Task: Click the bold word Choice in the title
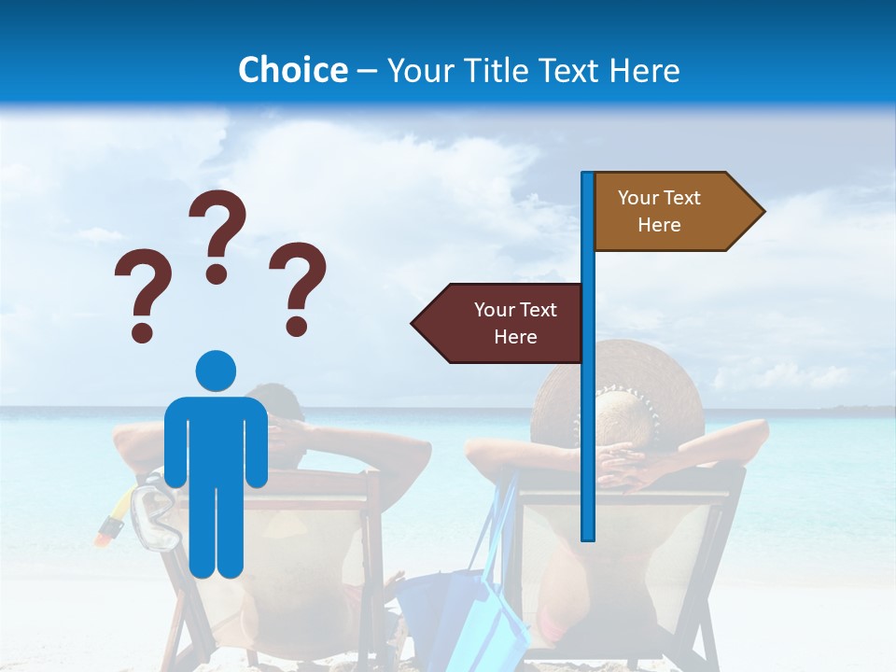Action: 292,71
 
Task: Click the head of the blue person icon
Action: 216,371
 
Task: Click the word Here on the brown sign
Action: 659,225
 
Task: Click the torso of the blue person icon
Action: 216,439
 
